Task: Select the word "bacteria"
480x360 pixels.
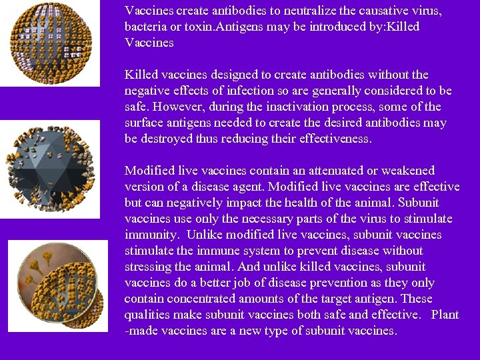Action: pos(146,27)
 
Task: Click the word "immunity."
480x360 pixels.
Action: pos(152,235)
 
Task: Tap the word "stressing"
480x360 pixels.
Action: pos(147,267)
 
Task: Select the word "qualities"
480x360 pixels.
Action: pos(147,315)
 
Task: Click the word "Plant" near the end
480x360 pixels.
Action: pos(445,315)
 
